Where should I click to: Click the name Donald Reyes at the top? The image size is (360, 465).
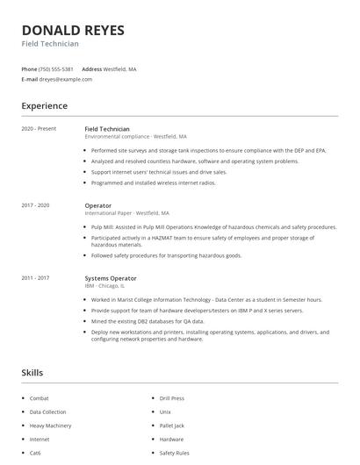point(73,30)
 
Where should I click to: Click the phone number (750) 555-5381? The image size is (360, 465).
point(57,68)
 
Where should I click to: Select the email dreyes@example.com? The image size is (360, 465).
point(68,79)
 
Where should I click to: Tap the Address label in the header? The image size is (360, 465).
point(91,68)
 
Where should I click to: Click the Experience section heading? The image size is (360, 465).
point(44,106)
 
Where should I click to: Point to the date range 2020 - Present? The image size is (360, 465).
point(39,129)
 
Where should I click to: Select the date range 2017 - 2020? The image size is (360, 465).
point(36,205)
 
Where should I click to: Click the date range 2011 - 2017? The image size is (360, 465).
point(36,278)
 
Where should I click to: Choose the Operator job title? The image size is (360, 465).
point(97,205)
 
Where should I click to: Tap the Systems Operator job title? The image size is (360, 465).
point(111,278)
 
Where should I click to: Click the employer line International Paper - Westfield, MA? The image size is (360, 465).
point(127,213)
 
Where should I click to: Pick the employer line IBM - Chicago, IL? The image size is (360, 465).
point(104,286)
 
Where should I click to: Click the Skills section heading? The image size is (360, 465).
point(32,373)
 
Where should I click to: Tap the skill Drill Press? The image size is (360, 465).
point(171,397)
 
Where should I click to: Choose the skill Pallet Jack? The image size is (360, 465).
point(171,425)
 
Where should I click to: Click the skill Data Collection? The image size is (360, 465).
point(47,411)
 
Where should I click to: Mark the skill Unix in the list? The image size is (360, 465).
point(165,411)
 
